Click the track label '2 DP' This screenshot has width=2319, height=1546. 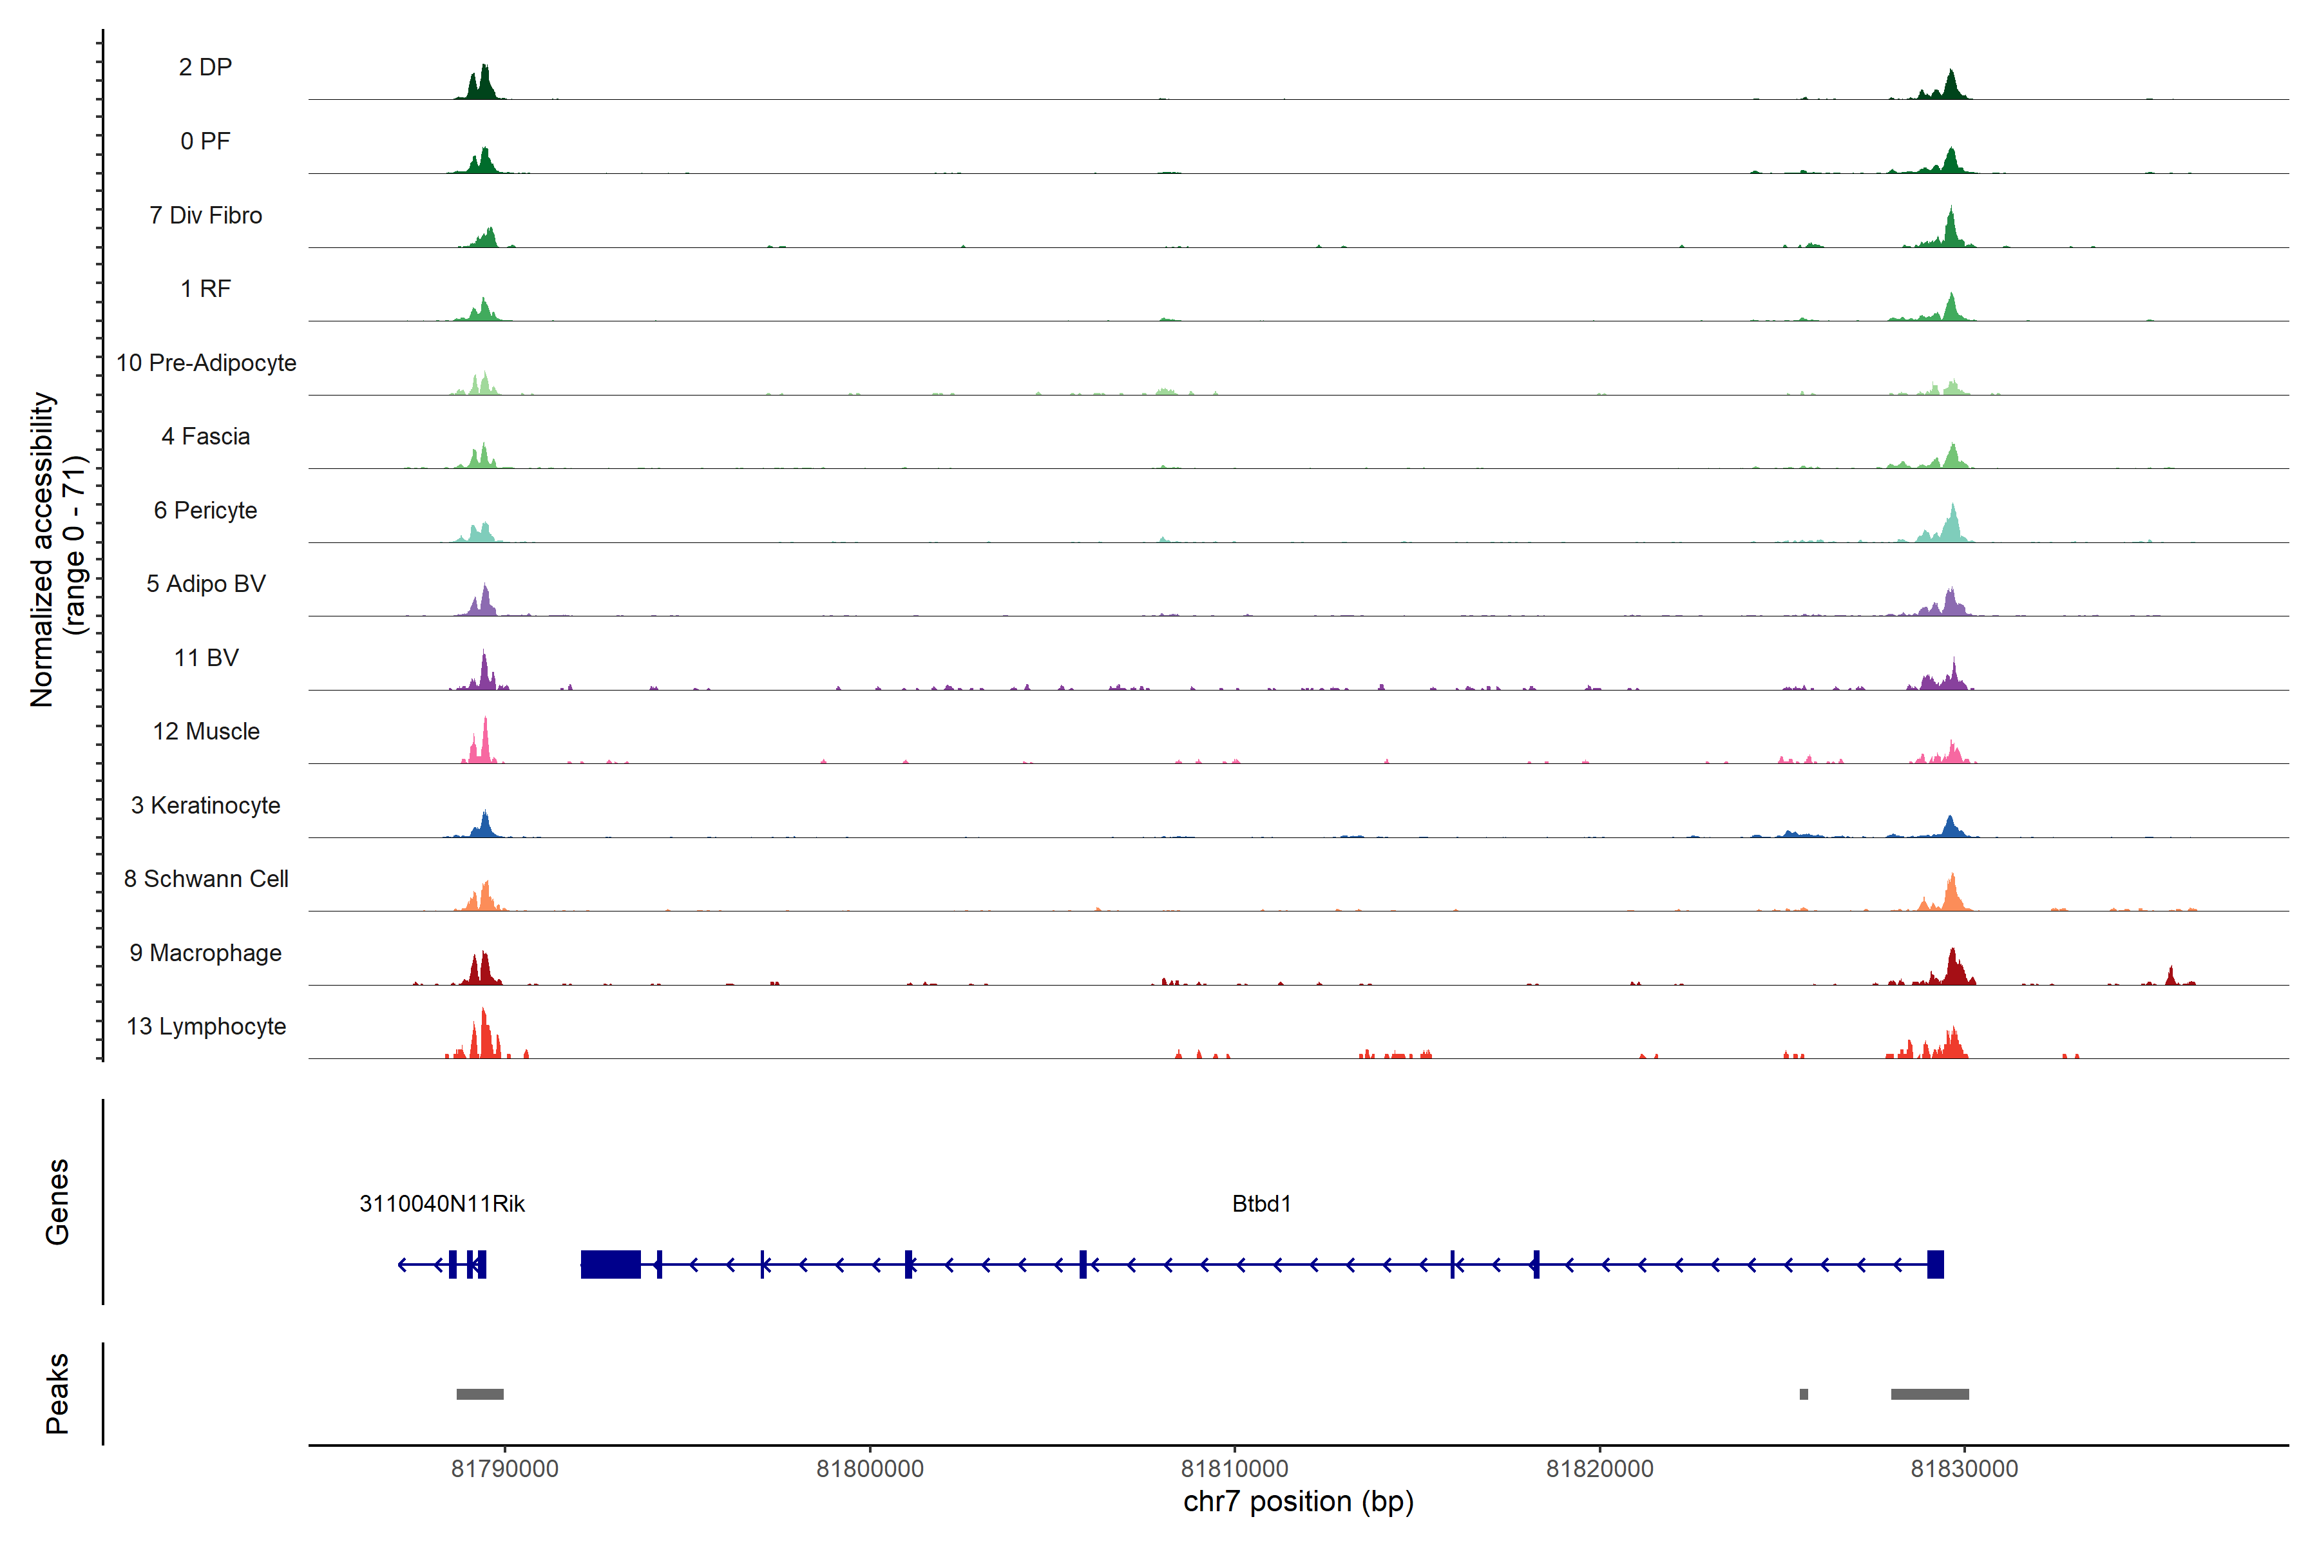[205, 67]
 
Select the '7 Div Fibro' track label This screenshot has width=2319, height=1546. [205, 215]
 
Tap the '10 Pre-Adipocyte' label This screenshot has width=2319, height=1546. [206, 363]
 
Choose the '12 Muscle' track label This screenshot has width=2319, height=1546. [206, 732]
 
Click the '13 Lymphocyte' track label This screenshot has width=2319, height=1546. [206, 1026]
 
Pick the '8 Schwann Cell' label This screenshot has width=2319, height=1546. [206, 879]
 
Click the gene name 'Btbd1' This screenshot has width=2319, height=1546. [1261, 1204]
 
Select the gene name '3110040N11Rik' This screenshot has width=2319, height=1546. [442, 1204]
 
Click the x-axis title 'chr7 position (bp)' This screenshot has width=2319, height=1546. [1297, 1502]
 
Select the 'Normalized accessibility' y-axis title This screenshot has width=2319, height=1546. [41, 549]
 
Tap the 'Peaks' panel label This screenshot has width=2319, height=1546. [57, 1393]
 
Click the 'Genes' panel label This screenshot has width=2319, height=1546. [57, 1202]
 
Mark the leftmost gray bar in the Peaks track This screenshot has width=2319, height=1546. [480, 1394]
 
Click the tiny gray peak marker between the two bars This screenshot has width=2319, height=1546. [1803, 1394]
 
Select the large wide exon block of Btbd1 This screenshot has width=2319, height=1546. [610, 1264]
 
